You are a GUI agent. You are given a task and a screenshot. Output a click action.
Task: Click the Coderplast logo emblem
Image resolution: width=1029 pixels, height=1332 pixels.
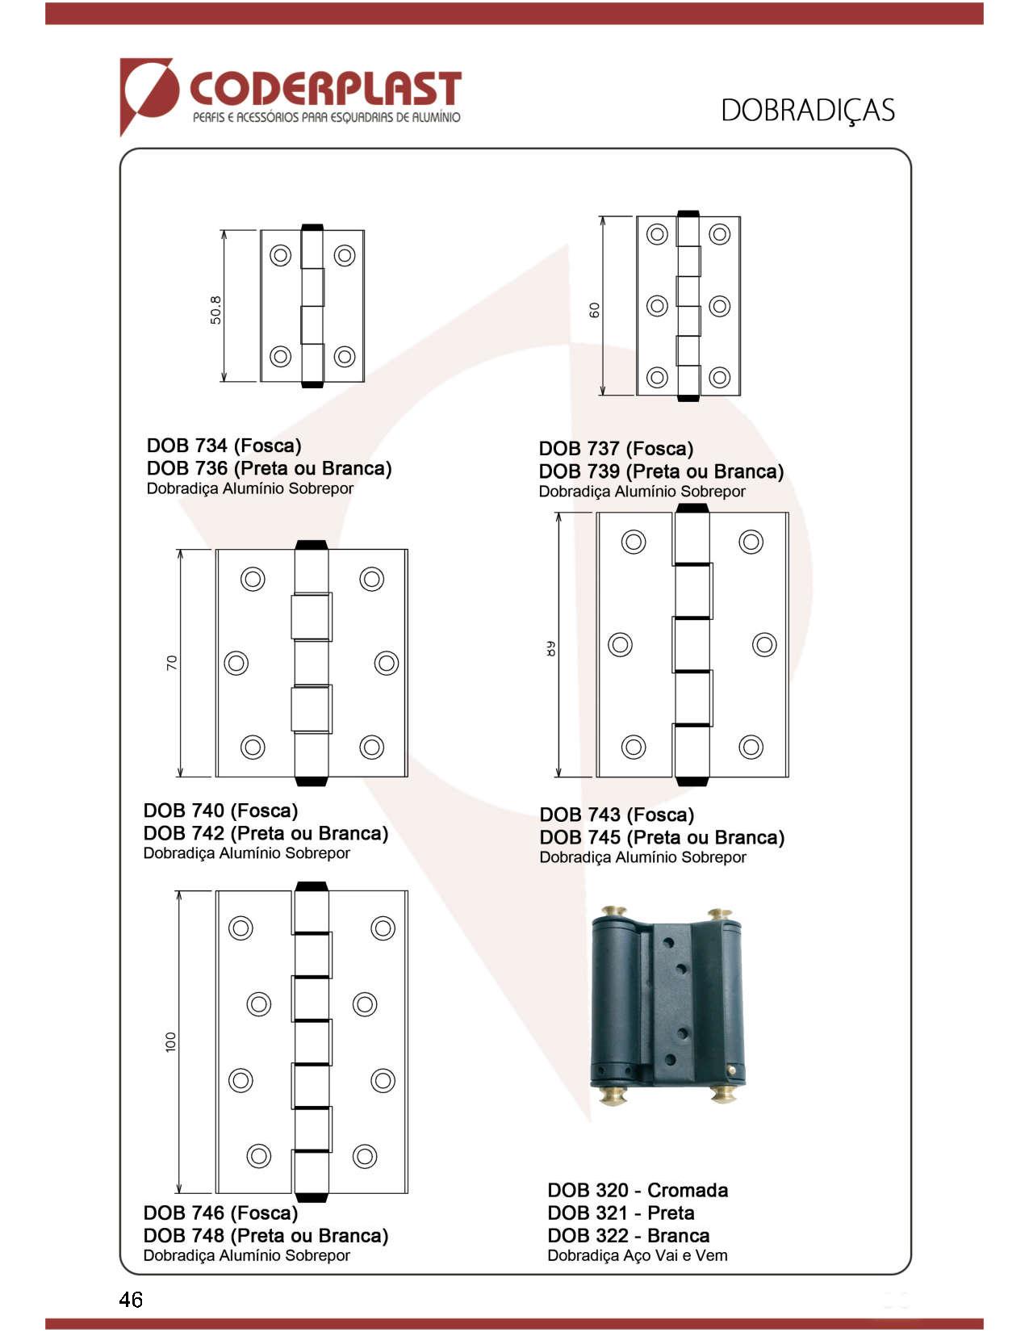[x=148, y=94]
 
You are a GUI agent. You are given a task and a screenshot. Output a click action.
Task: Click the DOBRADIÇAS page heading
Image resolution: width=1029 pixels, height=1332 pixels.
[x=807, y=111]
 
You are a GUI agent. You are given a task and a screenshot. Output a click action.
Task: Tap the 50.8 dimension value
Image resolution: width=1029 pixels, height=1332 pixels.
[x=215, y=310]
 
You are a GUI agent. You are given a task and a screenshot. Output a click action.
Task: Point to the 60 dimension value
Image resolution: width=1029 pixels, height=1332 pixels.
[x=595, y=310]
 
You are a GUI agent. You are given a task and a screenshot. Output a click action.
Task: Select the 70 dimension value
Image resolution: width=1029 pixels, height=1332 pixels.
[x=171, y=663]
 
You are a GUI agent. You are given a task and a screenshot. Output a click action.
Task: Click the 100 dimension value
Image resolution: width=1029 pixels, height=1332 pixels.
[x=170, y=1041]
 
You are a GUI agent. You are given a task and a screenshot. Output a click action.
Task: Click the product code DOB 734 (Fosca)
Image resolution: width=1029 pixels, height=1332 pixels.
[x=224, y=446]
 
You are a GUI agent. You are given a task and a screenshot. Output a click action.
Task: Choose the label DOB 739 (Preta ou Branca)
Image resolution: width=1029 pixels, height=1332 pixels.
[x=661, y=471]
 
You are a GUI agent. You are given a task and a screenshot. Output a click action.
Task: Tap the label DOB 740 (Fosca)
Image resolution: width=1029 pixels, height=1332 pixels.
[x=220, y=811]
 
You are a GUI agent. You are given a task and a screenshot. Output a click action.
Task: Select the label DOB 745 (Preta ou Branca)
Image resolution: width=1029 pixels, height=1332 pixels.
[x=662, y=837]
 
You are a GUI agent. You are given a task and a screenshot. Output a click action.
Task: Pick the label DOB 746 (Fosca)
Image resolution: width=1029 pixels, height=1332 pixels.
[x=220, y=1213]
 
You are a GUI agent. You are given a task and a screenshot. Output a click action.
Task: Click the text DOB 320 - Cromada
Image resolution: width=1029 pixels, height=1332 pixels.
[x=638, y=1190]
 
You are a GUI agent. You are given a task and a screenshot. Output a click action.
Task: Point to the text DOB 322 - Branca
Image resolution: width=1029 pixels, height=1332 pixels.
[x=628, y=1235]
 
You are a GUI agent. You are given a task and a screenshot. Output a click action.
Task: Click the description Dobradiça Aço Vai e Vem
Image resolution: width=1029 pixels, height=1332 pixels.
[x=637, y=1255]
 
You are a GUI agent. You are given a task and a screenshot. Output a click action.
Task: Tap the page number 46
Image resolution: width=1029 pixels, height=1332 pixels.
[x=131, y=1299]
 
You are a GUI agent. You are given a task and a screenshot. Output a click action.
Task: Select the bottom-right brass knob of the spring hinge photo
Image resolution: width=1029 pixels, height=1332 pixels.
[x=723, y=1095]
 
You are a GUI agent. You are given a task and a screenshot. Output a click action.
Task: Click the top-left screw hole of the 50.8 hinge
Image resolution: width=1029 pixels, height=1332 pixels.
[x=280, y=255]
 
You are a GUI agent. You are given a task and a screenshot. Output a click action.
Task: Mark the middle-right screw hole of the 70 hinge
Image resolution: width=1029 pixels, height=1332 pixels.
[x=387, y=663]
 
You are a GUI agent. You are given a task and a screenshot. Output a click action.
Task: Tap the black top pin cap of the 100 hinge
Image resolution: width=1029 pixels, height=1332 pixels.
[x=312, y=886]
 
